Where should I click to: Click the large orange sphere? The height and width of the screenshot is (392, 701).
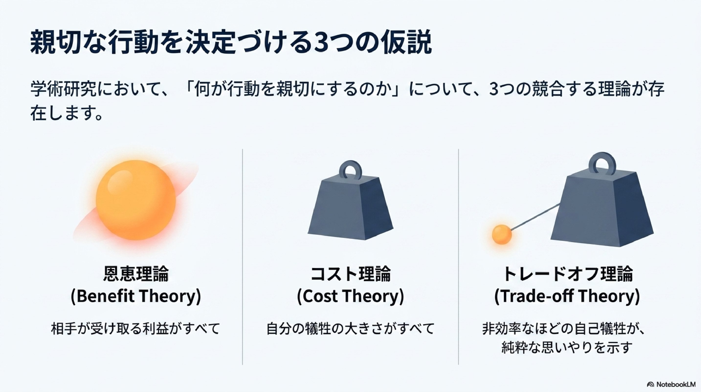135,200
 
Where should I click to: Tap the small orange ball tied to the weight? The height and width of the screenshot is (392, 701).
502,234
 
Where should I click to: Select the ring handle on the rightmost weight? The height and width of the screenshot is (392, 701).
602,164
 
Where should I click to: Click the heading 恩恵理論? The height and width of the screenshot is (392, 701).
136,273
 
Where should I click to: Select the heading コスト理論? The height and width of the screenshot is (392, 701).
351,273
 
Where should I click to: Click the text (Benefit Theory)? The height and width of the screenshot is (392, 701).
136,296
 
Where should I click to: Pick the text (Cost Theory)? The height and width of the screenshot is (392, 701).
351,296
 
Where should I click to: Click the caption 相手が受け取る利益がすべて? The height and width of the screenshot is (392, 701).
135,329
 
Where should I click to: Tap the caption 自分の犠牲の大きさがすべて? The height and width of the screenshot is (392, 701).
350,329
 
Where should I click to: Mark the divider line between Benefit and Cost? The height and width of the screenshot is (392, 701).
243,257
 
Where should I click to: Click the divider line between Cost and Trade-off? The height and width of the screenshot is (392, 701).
458,257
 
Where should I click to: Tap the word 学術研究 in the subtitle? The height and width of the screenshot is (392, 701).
63,89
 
